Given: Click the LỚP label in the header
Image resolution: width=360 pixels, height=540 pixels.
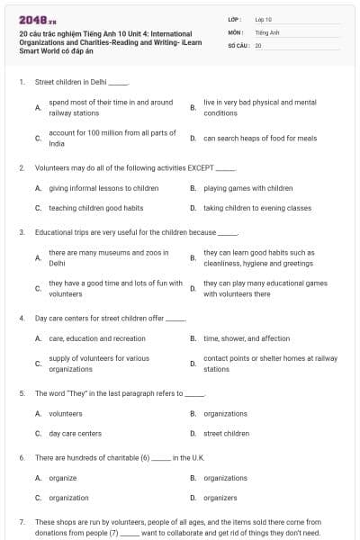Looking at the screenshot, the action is (x=234, y=19).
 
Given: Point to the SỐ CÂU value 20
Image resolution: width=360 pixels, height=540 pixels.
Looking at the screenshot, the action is (x=258, y=44).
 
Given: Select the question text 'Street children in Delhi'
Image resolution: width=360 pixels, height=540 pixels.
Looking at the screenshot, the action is (x=70, y=82).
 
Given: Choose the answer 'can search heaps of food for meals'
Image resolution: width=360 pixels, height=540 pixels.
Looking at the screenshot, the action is (x=260, y=139).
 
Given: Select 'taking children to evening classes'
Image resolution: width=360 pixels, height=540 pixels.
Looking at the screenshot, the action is (x=257, y=208).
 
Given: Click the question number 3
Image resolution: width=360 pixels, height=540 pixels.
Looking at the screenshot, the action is (x=21, y=232).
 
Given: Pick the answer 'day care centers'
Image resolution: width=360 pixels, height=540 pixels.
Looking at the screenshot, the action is (x=75, y=433).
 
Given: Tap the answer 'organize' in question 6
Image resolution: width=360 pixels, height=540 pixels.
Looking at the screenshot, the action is (x=62, y=478).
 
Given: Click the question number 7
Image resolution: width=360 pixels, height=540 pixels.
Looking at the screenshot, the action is (x=21, y=522).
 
